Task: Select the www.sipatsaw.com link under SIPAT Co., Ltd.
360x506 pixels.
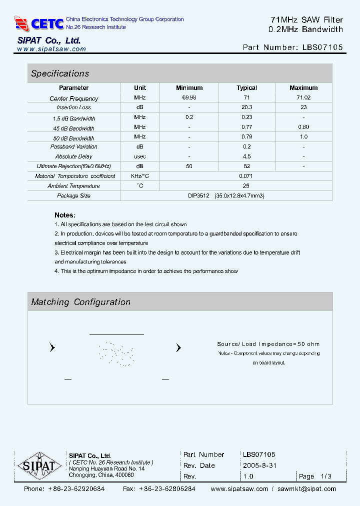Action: pyautogui.click(x=51, y=49)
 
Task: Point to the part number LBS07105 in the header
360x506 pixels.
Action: pyautogui.click(x=322, y=47)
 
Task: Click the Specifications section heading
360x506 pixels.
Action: pyautogui.click(x=60, y=73)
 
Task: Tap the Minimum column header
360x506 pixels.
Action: pyautogui.click(x=189, y=88)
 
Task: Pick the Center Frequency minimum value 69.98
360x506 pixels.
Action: pyautogui.click(x=189, y=97)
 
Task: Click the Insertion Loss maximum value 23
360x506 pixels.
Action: pyautogui.click(x=303, y=107)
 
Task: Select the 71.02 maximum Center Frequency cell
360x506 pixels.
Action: pyautogui.click(x=303, y=97)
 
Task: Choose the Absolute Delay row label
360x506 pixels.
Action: pyautogui.click(x=73, y=156)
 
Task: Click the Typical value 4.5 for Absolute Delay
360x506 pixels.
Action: pyautogui.click(x=246, y=156)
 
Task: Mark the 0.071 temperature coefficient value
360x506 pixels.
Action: pyautogui.click(x=246, y=176)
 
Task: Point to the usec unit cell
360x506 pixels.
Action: pyautogui.click(x=139, y=156)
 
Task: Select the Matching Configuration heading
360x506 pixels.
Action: pyautogui.click(x=80, y=302)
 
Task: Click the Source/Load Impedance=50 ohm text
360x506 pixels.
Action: pyautogui.click(x=268, y=344)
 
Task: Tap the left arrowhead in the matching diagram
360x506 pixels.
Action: pyautogui.click(x=52, y=348)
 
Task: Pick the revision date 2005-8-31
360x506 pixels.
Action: pyautogui.click(x=259, y=465)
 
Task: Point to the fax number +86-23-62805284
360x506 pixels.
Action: pyautogui.click(x=167, y=489)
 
